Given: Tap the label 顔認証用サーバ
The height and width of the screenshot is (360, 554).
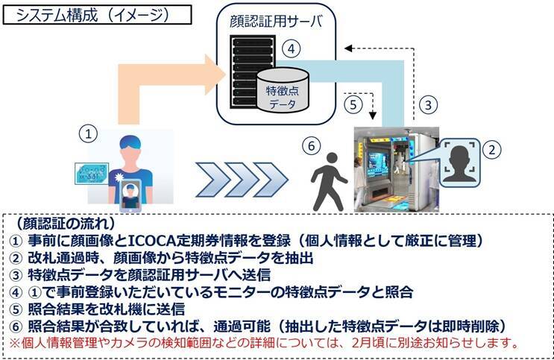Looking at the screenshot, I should click(275, 21).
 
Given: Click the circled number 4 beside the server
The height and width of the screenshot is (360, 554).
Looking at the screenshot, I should click(293, 48).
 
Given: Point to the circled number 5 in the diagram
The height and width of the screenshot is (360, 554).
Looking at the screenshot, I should click(354, 105).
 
